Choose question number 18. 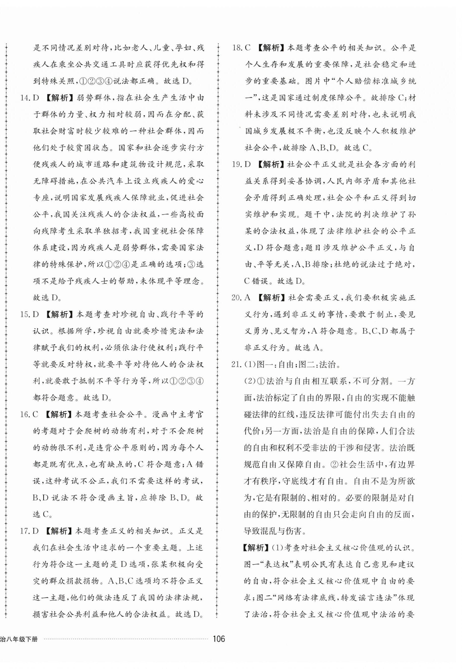point(237,48)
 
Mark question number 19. point(237,165)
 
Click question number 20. point(237,298)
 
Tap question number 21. point(237,364)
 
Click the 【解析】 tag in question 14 point(60,98)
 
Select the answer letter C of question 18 point(247,48)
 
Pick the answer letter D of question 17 point(36,531)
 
